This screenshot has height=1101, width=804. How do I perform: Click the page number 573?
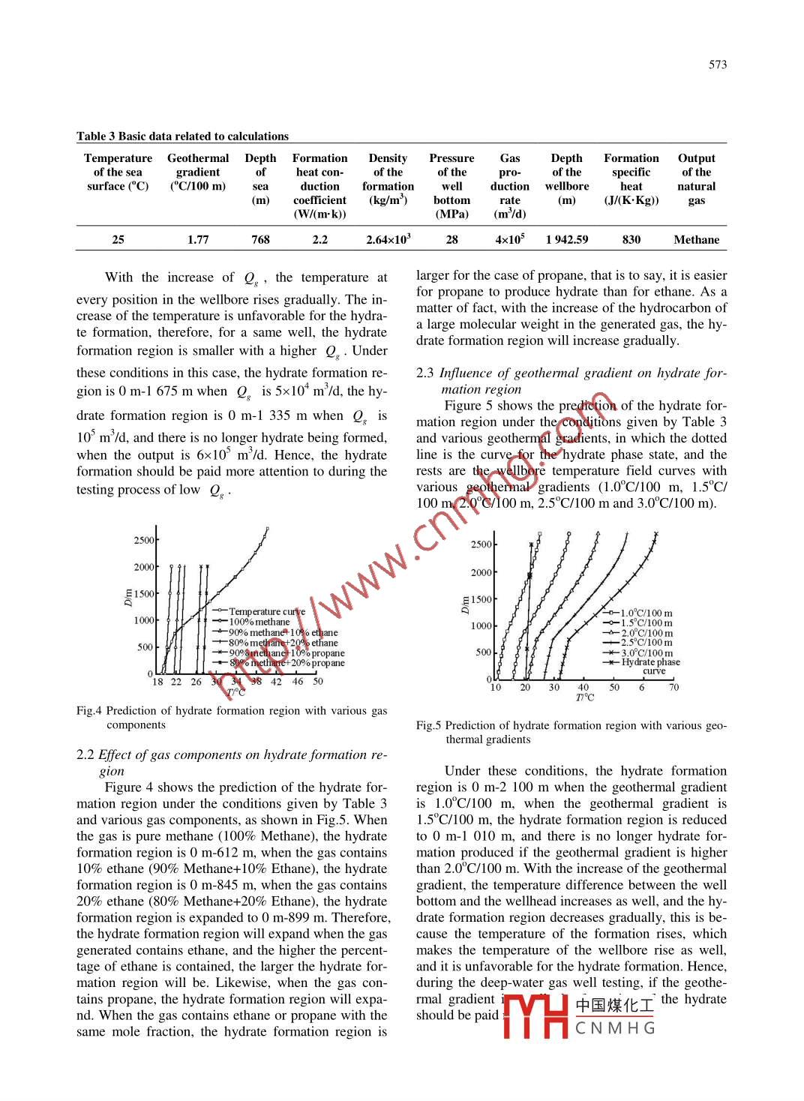point(717,64)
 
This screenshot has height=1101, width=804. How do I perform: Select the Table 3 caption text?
point(182,136)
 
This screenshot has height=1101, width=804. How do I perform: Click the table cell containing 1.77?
point(198,240)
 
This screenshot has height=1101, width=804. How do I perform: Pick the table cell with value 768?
point(260,240)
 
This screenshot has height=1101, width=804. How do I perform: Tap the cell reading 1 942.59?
point(566,240)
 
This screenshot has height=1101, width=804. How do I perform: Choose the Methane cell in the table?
point(696,240)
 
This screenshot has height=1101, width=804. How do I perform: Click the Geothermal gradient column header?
point(198,172)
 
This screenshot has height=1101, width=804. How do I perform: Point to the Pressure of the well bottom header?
point(451,186)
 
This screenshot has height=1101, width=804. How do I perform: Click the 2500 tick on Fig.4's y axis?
point(144,540)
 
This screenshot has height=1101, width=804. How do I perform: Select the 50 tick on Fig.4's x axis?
point(318,682)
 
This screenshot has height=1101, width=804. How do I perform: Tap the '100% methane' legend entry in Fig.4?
point(259,622)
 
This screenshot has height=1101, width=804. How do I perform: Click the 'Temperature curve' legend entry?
point(266,611)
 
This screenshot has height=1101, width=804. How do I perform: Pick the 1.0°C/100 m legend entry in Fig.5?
point(646,613)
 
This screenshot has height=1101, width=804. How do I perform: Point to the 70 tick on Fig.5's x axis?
point(673,687)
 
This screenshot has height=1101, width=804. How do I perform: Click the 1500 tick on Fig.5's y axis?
point(481,599)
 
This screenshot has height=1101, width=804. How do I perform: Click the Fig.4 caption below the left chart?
point(232,717)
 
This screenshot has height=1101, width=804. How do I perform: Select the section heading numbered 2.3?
point(571,381)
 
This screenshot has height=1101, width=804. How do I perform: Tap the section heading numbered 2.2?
point(232,763)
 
